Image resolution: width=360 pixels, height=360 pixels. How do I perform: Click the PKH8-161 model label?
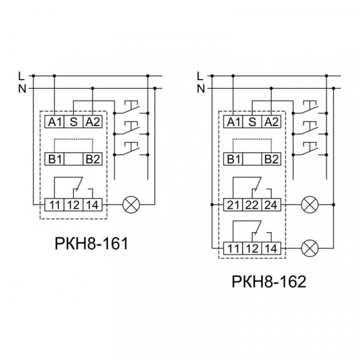pyautogui.click(x=91, y=244)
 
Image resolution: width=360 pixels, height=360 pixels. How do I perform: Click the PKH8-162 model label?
pyautogui.click(x=269, y=281)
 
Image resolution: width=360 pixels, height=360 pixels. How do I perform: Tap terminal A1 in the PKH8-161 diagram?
pyautogui.click(x=55, y=122)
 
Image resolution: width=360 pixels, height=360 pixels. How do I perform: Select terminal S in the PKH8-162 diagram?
pyautogui.click(x=252, y=122)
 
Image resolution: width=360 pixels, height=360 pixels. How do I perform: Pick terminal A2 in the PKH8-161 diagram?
pyautogui.click(x=92, y=122)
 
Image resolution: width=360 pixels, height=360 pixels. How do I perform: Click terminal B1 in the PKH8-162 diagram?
pyautogui.click(x=233, y=159)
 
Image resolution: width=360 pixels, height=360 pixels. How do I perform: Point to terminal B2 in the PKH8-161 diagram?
pyautogui.click(x=92, y=159)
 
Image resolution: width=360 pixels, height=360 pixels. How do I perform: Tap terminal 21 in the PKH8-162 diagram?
pyautogui.click(x=233, y=205)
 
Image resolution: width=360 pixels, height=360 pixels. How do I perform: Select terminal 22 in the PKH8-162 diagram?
pyautogui.click(x=252, y=205)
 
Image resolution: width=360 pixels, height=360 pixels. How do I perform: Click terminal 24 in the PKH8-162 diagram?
pyautogui.click(x=271, y=205)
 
